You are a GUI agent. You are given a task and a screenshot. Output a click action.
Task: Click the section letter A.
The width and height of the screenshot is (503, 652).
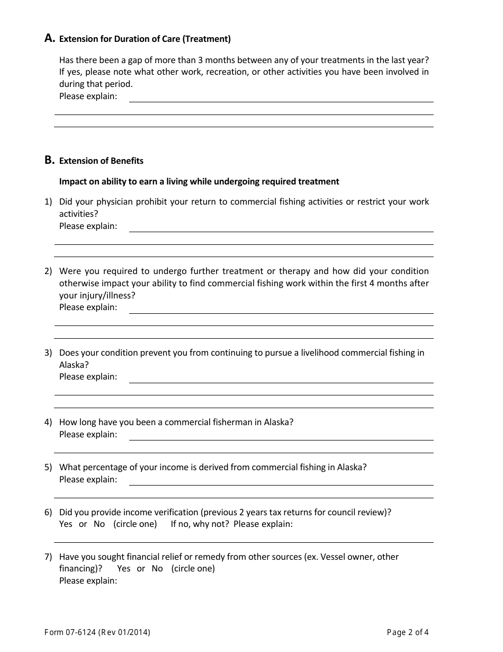pos(49,38)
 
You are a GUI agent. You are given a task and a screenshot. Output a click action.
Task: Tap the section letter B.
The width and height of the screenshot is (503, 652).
pos(49,160)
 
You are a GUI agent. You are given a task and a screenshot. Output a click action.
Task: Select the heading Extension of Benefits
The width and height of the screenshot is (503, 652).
pos(101,161)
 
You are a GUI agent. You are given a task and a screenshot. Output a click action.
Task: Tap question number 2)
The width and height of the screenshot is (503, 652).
pos(48,271)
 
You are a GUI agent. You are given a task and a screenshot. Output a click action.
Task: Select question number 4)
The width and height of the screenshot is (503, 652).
pos(48,422)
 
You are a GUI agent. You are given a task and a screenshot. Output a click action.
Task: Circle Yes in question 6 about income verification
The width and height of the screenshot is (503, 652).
pos(66,524)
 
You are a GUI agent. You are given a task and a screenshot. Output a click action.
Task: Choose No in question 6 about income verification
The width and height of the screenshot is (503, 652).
pos(99,524)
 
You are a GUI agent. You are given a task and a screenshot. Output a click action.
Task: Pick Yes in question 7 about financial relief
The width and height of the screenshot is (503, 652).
pos(123,569)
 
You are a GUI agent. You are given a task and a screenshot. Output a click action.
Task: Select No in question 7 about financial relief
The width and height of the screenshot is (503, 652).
pos(157,569)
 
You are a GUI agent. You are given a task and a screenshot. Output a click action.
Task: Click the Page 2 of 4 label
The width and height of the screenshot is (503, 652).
pos(408,632)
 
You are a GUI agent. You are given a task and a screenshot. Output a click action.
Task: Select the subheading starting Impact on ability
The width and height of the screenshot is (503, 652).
pos(199,182)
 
